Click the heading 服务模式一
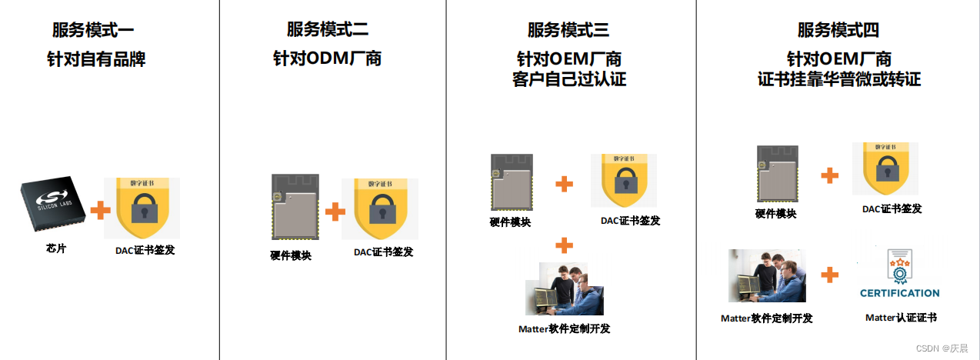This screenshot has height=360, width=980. coord(93,31)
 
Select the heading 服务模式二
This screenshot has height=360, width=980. coord(328,30)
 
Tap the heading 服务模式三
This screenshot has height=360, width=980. coord(568,30)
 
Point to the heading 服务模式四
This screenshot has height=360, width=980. coord(838,31)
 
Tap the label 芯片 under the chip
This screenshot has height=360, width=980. coord(56,248)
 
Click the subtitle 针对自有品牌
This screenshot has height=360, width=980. coord(96,59)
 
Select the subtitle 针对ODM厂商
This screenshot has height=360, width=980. coord(328,58)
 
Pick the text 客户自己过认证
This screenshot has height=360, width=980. coord(569,79)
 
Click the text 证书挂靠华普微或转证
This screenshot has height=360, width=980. coord(839,79)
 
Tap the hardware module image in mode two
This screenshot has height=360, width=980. coord(293,208)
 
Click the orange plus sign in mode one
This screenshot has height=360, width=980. coord(101,209)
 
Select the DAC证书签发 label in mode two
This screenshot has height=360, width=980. coord(383,252)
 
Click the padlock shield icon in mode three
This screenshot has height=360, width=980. coord(624,182)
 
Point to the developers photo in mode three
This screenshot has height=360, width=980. coord(564,289)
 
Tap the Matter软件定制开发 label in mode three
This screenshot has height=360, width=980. coord(565,328)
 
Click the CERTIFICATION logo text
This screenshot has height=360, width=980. coord(899,293)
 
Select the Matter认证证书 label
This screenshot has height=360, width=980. coord(901,317)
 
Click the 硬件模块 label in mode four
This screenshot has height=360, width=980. coord(775,214)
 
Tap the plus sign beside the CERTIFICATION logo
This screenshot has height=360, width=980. coord(829,275)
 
